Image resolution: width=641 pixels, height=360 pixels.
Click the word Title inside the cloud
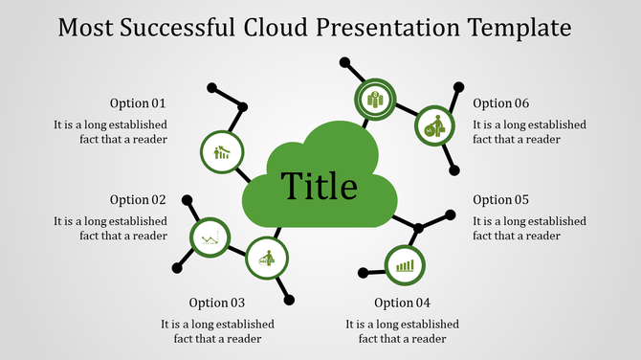[319, 186]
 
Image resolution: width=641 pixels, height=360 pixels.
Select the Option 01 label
[138, 103]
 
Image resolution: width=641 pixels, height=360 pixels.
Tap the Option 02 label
[138, 200]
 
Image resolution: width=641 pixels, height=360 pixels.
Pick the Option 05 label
[500, 200]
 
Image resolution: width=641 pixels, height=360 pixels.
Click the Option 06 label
[500, 103]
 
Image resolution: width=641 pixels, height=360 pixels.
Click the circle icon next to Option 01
[222, 151]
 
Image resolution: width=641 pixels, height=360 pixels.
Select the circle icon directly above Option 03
[267, 257]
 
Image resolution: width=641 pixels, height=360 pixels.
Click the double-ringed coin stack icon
[375, 99]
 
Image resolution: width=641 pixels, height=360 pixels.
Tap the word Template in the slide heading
[522, 26]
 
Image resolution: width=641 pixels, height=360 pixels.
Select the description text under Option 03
[217, 330]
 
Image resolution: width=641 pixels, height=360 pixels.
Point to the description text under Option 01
[110, 131]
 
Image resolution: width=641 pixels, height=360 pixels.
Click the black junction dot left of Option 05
[417, 228]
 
